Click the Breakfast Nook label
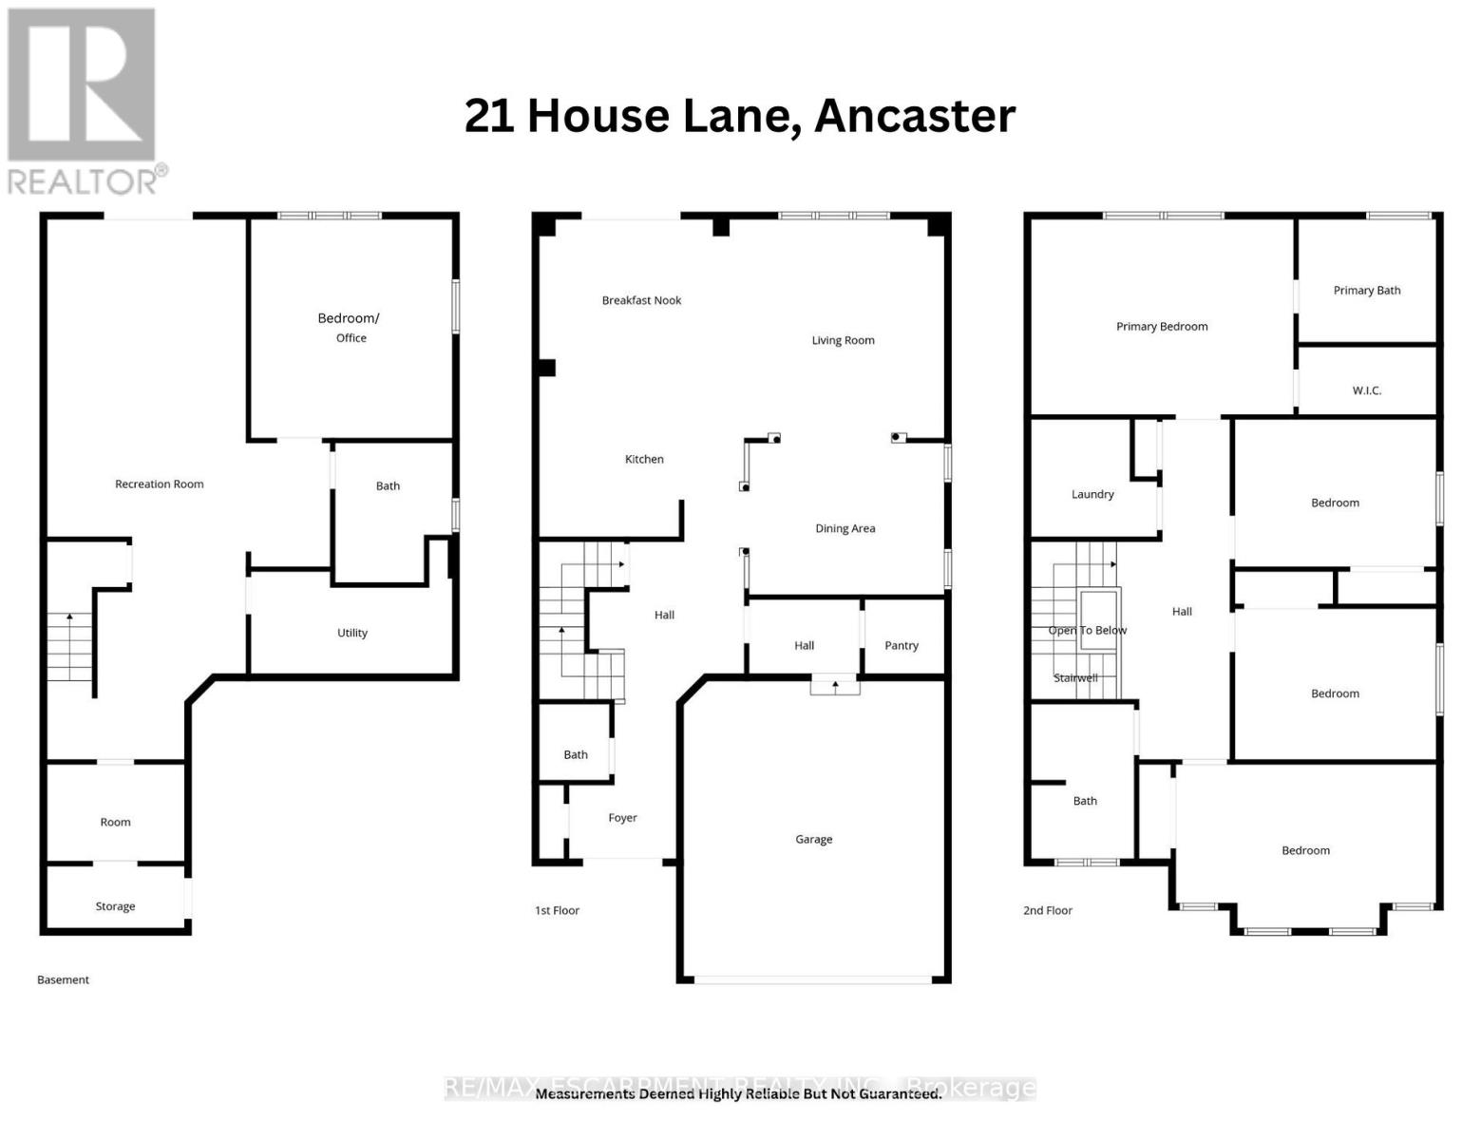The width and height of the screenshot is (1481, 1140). coord(641,300)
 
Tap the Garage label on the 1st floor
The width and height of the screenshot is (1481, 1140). coord(813,839)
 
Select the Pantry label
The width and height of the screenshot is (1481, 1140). coord(901,645)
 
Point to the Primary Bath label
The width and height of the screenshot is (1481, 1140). coord(1366,290)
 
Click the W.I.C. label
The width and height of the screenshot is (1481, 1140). coord(1366,390)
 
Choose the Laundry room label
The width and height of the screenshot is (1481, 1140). coord(1092,494)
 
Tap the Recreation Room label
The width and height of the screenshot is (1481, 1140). coord(159,484)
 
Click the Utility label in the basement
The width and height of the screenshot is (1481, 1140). coord(351,633)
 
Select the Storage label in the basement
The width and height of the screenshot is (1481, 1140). coord(115,906)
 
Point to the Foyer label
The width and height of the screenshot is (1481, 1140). coord(622,817)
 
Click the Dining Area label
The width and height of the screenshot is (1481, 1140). coord(845,528)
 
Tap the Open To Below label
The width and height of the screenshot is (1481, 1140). coord(1087,630)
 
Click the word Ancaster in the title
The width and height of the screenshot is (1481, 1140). coord(914,116)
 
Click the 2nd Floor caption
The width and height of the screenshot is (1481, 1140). coord(1047,910)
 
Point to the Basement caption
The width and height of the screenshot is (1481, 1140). coord(63,979)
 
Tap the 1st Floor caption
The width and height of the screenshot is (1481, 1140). coord(557,910)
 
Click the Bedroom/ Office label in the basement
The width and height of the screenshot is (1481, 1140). coord(349,327)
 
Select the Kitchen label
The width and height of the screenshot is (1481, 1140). coord(644,459)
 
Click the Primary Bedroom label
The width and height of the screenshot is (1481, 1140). coord(1161,326)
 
